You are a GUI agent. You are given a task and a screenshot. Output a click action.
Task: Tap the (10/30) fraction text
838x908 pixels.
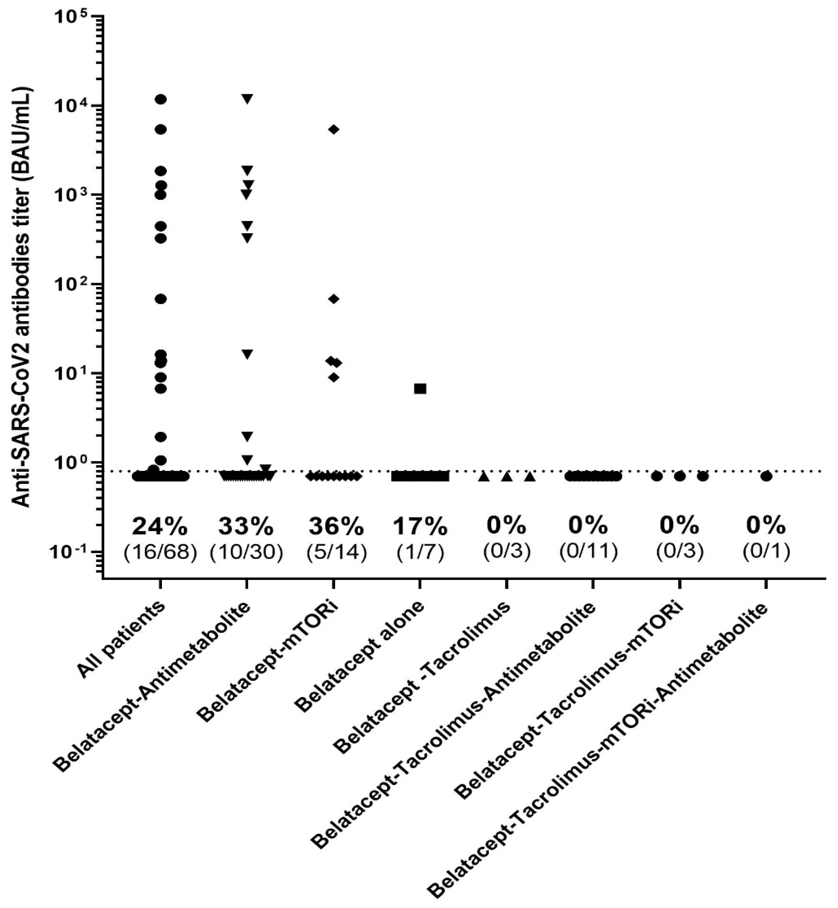tap(246, 552)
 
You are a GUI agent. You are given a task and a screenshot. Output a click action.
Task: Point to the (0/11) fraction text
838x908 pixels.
tap(588, 552)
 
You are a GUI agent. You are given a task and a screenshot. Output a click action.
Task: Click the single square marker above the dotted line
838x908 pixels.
tap(420, 389)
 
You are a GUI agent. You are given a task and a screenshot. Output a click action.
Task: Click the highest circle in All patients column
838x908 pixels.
tap(160, 99)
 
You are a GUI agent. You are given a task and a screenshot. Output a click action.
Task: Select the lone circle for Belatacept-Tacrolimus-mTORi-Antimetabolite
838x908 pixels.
tap(766, 477)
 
